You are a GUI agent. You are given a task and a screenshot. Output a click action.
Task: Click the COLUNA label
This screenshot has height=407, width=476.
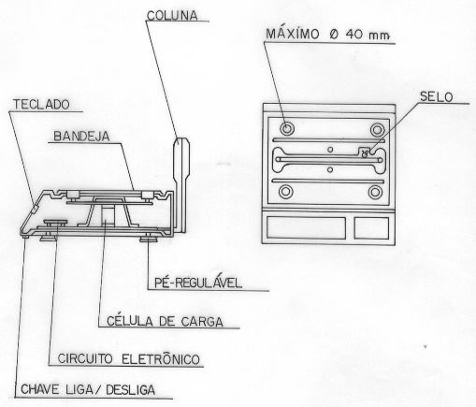172,15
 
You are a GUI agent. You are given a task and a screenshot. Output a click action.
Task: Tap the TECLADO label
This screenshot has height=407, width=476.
41,105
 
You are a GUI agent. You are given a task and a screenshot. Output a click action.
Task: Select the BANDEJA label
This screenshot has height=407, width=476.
81,137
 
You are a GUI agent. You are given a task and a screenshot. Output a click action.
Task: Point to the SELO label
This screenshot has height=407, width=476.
436,97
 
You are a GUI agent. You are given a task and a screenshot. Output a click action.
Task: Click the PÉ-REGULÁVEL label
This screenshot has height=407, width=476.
198,282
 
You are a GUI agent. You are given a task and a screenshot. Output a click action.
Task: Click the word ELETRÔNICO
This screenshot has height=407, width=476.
161,358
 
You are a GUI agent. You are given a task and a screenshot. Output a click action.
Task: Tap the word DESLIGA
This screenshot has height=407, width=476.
130,390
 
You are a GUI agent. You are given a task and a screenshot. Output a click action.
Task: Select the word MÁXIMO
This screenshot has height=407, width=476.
293,34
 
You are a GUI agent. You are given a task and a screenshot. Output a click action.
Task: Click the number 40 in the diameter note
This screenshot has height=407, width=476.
354,34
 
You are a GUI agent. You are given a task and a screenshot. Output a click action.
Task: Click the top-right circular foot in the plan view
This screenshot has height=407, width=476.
377,130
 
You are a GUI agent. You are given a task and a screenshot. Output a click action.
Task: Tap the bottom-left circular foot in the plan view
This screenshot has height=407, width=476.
285,192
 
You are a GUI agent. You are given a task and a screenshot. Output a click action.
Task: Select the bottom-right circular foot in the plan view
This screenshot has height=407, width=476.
375,193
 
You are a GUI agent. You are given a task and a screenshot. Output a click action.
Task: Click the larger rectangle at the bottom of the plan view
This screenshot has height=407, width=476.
306,227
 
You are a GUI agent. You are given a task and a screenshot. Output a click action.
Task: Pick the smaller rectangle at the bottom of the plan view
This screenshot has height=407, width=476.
371,228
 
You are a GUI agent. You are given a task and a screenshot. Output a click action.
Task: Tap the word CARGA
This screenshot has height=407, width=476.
202,322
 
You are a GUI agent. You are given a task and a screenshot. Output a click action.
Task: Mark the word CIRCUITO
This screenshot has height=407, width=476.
85,358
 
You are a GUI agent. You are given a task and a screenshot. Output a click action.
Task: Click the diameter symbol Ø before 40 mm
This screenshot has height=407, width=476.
334,35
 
